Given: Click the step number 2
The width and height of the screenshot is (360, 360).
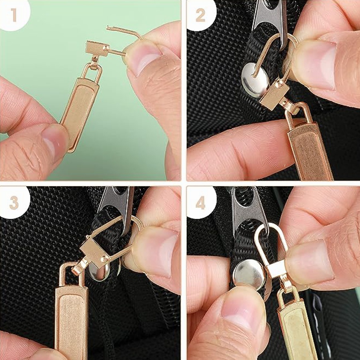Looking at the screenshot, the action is click(200, 15).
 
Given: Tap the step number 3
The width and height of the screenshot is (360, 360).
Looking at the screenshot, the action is click(14, 203).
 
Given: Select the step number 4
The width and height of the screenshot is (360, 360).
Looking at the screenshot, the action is click(200, 203).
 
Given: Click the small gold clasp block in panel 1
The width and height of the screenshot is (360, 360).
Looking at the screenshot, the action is click(97, 48).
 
